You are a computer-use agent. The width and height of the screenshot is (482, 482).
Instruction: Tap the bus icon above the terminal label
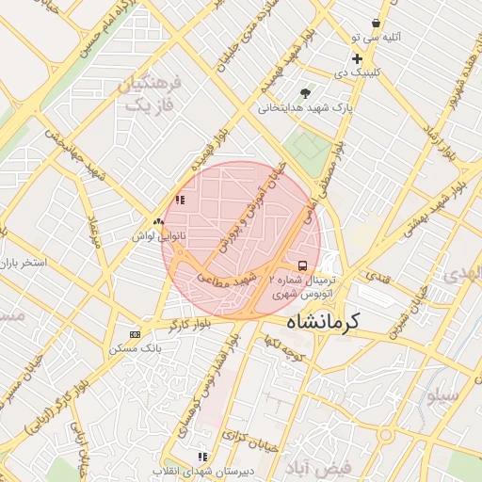[x=302, y=265]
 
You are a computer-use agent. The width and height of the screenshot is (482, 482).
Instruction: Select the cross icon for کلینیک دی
[x=357, y=58]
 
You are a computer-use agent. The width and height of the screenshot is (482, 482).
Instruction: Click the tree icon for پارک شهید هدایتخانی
[x=304, y=93]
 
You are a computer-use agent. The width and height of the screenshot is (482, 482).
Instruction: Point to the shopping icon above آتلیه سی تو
[x=377, y=23]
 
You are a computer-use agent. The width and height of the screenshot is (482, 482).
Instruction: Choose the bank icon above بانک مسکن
[x=135, y=334]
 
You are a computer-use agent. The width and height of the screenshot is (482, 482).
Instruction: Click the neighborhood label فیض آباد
[x=321, y=467]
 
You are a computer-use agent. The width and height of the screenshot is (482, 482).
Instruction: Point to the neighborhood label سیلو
[x=444, y=396]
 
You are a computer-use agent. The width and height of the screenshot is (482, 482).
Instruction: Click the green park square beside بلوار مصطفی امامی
[x=308, y=146]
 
